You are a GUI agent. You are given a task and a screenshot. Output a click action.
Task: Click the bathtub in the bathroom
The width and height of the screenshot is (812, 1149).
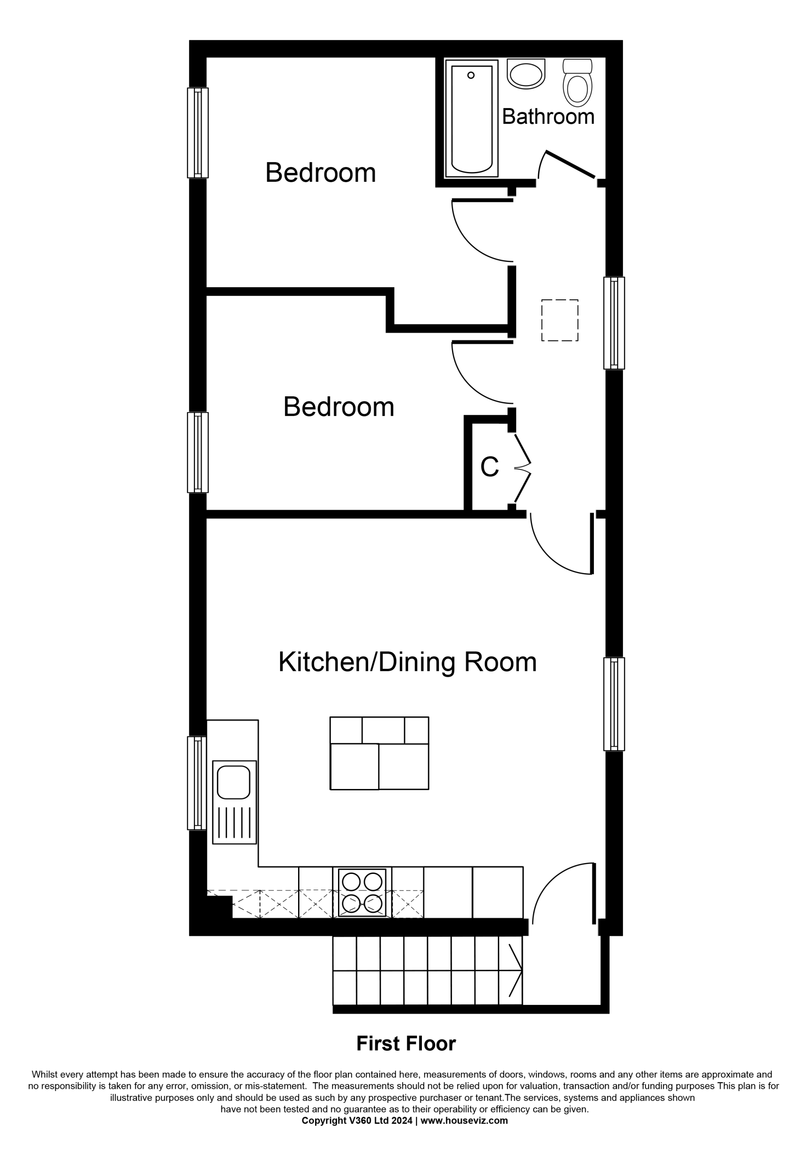(x=472, y=118)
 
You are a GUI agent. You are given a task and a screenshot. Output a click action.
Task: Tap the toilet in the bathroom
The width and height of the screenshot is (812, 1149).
(x=577, y=83)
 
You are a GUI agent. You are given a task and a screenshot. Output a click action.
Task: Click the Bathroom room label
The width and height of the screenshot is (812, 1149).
(x=548, y=117)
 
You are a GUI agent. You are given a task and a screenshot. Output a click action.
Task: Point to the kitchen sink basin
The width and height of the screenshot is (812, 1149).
(x=233, y=782)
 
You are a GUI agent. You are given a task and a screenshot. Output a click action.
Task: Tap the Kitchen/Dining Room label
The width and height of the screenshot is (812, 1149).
(x=408, y=662)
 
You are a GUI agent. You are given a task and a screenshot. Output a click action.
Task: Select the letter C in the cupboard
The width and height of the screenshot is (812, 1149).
(x=489, y=467)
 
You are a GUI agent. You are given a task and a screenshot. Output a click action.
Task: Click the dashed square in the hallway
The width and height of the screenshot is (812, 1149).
(x=560, y=320)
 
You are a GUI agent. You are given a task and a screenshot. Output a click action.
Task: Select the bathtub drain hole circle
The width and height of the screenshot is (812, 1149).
(x=470, y=75)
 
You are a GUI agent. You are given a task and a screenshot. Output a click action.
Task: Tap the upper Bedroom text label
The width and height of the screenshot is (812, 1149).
(x=320, y=173)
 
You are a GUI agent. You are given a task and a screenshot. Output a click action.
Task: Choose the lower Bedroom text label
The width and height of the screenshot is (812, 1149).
(x=338, y=407)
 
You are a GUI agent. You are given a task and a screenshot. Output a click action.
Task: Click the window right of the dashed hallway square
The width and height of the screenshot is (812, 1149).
(x=614, y=323)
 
